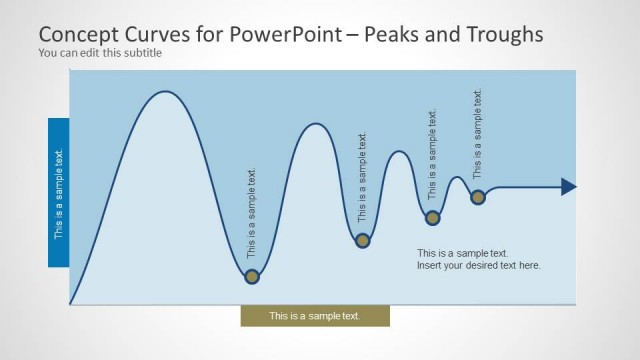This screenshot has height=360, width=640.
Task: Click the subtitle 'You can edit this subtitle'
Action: pos(99,52)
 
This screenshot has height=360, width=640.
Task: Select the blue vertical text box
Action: pos(58,193)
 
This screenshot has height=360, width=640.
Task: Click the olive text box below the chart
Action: pos(315,316)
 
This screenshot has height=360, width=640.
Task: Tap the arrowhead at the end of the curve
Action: pos(568,186)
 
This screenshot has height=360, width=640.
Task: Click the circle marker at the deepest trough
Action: pos(252,276)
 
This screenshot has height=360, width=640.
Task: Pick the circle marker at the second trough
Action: pos(363,240)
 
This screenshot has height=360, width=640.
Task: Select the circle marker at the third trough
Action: pos(433,217)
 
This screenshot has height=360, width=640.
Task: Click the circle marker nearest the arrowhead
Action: pos(478,197)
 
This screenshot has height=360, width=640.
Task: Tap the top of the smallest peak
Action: pos(457,177)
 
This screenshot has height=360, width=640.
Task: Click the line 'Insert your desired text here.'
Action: pos(478,266)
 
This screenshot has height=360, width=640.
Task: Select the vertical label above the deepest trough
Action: pos(252,212)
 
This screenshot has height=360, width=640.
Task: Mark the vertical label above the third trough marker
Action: pos(433,155)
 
